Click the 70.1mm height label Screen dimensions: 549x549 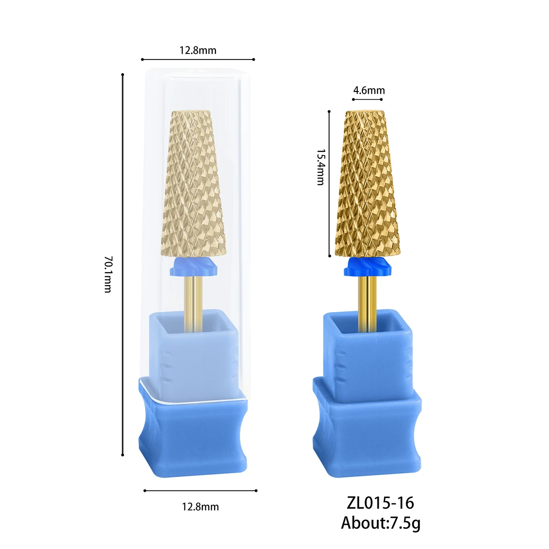pyautogui.click(x=108, y=274)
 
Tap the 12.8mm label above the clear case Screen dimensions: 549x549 pyautogui.click(x=198, y=50)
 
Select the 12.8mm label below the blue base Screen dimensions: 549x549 pyautogui.click(x=200, y=507)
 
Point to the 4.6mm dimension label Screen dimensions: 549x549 pyautogui.click(x=369, y=91)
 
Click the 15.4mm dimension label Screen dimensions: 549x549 pyautogui.click(x=321, y=167)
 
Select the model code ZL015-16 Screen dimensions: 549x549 pyautogui.click(x=380, y=503)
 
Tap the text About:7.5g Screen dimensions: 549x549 pyautogui.click(x=381, y=523)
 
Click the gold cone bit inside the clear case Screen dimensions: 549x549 pyautogui.click(x=194, y=183)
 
